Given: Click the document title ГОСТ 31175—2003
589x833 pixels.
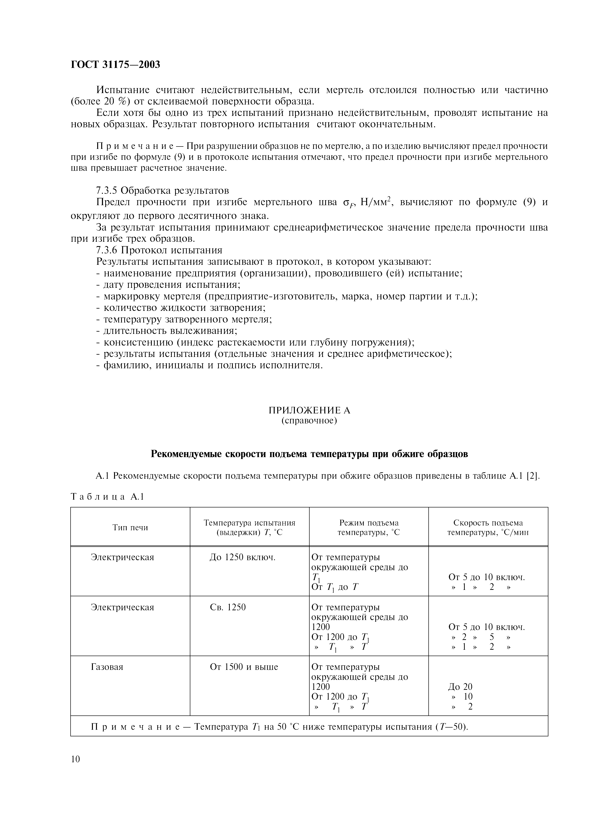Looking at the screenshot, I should [115, 65].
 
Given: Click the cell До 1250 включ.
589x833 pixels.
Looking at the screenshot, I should [242, 557].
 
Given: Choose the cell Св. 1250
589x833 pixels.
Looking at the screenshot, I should [228, 607].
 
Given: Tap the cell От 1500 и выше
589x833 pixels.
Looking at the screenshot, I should [244, 667].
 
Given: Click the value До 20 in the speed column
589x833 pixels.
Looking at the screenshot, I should [460, 686].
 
